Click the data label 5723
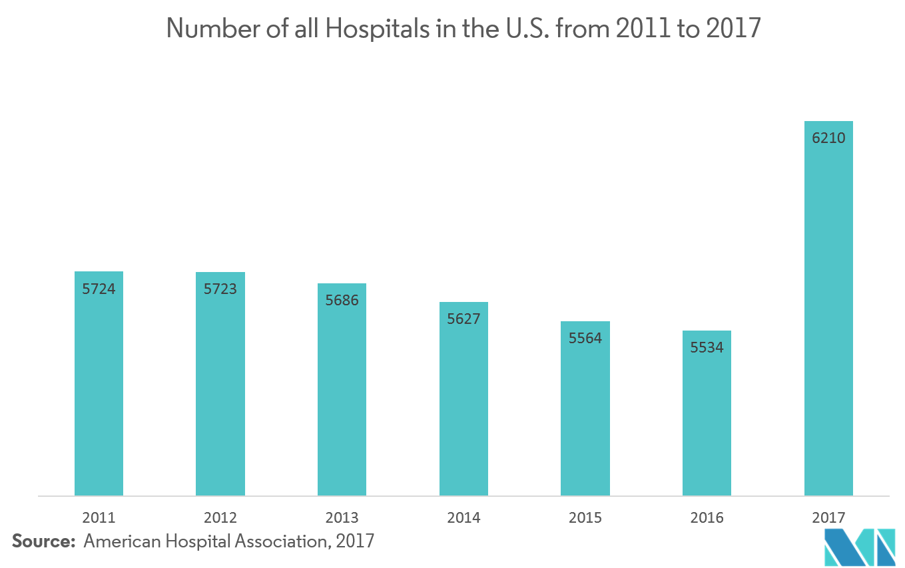point(220,289)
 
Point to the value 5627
point(463,319)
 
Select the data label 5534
point(707,347)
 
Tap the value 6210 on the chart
point(828,138)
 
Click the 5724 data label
point(99,289)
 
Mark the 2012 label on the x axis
point(220,517)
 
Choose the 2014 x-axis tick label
point(463,517)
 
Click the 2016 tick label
point(707,517)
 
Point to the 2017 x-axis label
point(828,517)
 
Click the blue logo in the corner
point(859,547)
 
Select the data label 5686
point(342,300)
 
